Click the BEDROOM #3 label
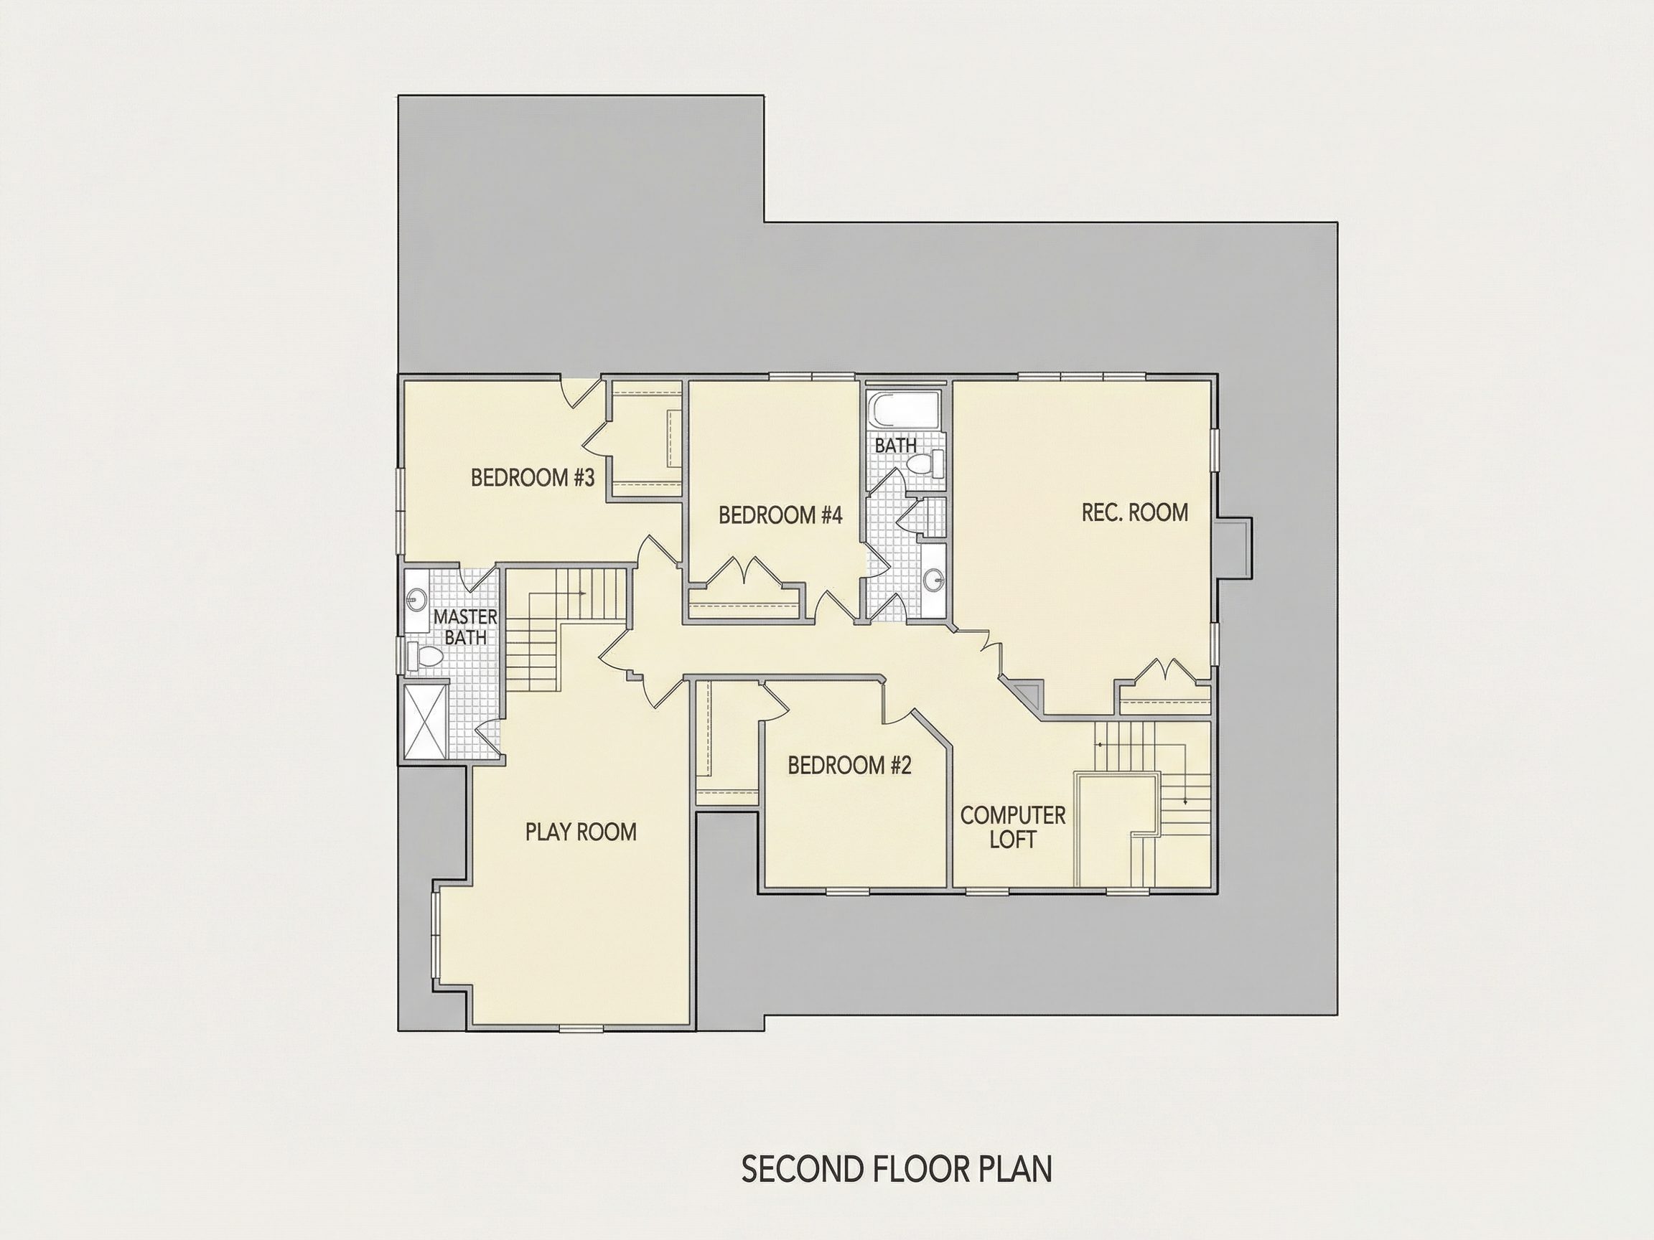click(x=533, y=477)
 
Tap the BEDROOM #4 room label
click(x=780, y=515)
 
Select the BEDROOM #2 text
click(x=849, y=766)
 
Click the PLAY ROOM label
click(x=581, y=832)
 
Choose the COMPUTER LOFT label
click(x=1012, y=827)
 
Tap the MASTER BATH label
click(x=465, y=627)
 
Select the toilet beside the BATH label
click(x=925, y=463)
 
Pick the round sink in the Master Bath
click(x=416, y=599)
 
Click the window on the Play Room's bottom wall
click(x=581, y=1029)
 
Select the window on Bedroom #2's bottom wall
click(x=848, y=891)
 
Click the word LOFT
click(x=1012, y=840)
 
